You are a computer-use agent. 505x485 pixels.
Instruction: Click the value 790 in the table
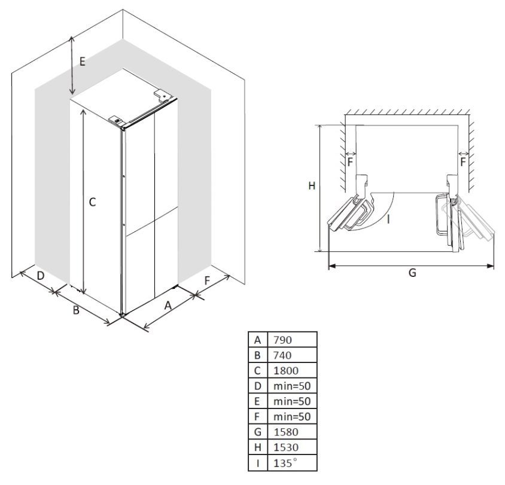(282, 340)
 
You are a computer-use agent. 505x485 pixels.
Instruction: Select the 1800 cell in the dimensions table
(285, 370)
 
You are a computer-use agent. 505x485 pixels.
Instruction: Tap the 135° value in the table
(285, 463)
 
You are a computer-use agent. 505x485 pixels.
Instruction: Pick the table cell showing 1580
(285, 432)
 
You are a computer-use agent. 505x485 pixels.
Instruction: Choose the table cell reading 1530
(285, 447)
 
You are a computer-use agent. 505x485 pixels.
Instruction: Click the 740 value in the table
(282, 355)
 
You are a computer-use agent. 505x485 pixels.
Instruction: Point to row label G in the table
(258, 432)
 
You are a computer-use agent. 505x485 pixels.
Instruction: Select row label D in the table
(258, 386)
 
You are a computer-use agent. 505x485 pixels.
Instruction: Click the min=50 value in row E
(292, 401)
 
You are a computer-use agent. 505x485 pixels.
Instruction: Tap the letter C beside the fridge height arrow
(92, 202)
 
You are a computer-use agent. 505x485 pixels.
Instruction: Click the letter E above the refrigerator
(83, 62)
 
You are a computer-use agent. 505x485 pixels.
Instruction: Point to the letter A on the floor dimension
(168, 306)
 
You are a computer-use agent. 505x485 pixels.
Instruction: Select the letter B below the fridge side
(76, 310)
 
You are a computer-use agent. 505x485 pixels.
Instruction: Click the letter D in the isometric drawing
(40, 276)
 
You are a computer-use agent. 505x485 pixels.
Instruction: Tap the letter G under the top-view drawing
(412, 273)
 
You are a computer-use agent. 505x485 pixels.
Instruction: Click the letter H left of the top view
(312, 186)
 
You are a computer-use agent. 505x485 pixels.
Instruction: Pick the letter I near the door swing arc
(389, 219)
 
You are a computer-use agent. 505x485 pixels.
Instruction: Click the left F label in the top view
(351, 162)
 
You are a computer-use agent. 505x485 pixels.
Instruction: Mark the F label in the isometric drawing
(207, 280)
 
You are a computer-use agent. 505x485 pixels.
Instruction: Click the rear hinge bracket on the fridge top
(163, 95)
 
